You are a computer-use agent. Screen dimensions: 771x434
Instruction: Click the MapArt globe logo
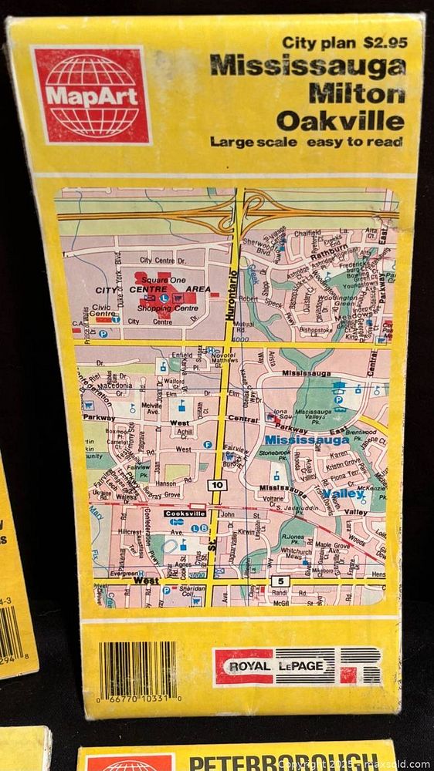pyautogui.click(x=90, y=94)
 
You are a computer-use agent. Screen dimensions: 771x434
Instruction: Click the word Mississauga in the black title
pyautogui.click(x=307, y=68)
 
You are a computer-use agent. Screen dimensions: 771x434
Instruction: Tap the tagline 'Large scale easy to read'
pyautogui.click(x=306, y=142)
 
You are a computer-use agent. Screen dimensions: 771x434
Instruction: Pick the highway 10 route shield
pyautogui.click(x=217, y=485)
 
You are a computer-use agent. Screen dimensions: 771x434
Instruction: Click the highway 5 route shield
pyautogui.click(x=279, y=580)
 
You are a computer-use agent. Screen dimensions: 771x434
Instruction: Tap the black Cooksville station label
pyautogui.click(x=185, y=513)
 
